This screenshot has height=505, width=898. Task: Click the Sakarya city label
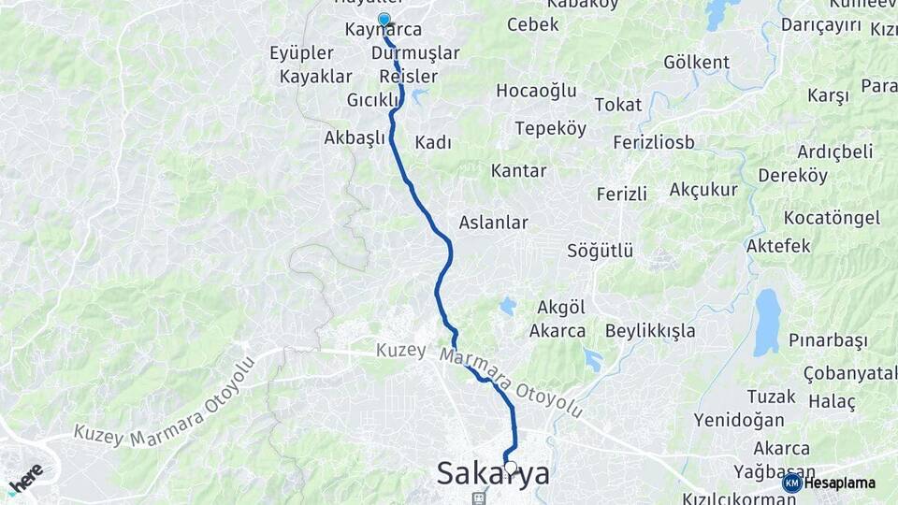(x=493, y=474)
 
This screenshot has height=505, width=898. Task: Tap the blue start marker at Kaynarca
(x=384, y=19)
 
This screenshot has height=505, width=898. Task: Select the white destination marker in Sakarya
(x=510, y=467)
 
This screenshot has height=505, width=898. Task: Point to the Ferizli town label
(x=621, y=195)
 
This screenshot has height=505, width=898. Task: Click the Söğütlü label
(x=600, y=251)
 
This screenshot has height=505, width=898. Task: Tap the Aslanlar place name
(x=493, y=223)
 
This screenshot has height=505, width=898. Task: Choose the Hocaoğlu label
(x=536, y=91)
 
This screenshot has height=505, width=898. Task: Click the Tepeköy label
(x=550, y=128)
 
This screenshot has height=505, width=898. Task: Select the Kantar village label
(x=518, y=170)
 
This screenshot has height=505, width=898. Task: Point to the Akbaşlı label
(x=355, y=137)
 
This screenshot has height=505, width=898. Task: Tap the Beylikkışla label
(x=650, y=331)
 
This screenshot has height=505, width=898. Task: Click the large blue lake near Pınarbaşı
(x=767, y=322)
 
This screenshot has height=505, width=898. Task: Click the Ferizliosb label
(x=654, y=142)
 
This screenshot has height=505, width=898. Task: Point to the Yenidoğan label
(x=731, y=419)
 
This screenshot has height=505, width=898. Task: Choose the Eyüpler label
(x=300, y=52)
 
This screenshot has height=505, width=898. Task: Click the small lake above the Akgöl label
(x=507, y=305)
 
